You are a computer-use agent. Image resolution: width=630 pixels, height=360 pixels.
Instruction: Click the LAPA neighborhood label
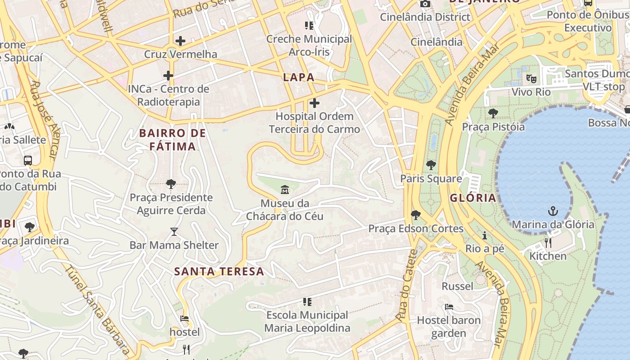pyautogui.click(x=298, y=77)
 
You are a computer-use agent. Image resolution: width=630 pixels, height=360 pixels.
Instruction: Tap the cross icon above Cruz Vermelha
pyautogui.click(x=180, y=41)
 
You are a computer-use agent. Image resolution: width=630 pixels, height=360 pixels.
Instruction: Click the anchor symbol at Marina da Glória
pyautogui.click(x=553, y=211)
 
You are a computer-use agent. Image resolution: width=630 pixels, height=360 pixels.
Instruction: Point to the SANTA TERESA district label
pyautogui.click(x=219, y=272)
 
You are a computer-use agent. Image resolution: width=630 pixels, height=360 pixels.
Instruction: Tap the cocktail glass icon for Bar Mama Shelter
pyautogui.click(x=174, y=232)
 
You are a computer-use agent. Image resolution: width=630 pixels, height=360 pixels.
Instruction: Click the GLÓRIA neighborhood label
pyautogui.click(x=473, y=198)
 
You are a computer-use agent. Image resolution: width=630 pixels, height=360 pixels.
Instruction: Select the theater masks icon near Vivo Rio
pyautogui.click(x=531, y=79)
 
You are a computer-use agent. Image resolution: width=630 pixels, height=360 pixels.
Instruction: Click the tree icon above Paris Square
pyautogui.click(x=431, y=165)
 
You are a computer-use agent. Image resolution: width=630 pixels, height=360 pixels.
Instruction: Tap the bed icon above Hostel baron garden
pyautogui.click(x=449, y=307)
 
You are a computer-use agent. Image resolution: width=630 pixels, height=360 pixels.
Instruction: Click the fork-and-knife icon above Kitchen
pyautogui.click(x=548, y=243)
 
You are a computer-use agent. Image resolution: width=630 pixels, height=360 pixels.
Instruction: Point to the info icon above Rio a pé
pyautogui.click(x=485, y=235)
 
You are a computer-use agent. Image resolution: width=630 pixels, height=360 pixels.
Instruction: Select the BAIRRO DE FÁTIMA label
pyautogui.click(x=172, y=139)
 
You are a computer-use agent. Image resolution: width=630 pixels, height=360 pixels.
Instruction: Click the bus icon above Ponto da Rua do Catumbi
pyautogui.click(x=28, y=160)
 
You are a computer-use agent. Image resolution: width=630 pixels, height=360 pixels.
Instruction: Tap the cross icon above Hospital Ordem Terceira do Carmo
pyautogui.click(x=315, y=103)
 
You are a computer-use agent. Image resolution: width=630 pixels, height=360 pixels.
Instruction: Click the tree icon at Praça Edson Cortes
pyautogui.click(x=416, y=215)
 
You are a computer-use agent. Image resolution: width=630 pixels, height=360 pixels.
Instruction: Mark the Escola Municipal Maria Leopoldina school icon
pyautogui.click(x=308, y=301)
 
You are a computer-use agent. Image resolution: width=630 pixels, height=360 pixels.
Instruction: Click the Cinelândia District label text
pyautogui.click(x=425, y=17)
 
